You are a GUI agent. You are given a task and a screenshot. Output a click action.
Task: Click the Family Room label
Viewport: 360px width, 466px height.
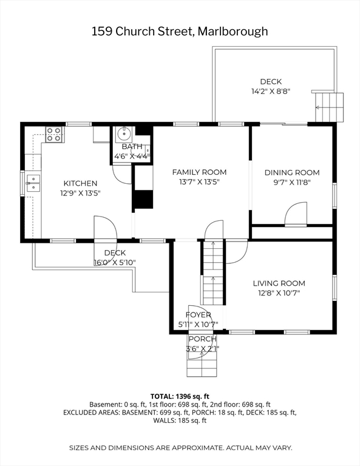199,172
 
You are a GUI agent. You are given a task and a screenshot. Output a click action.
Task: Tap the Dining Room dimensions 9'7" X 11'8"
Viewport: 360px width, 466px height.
292,182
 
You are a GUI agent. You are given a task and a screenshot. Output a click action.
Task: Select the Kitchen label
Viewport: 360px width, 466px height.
80,183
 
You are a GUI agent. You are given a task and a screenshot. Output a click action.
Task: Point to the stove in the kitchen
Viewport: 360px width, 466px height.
55,134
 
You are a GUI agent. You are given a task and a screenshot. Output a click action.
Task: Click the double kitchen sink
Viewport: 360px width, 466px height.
33,183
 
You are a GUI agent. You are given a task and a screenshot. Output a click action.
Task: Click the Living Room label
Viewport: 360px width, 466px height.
279,283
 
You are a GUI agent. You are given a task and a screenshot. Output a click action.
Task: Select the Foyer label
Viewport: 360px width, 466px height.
199,315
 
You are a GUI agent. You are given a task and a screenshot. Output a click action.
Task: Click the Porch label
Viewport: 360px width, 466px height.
202,339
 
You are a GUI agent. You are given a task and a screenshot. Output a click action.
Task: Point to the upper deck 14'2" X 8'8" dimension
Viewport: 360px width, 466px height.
271,91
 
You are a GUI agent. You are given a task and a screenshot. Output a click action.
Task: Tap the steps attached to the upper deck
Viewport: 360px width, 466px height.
329,107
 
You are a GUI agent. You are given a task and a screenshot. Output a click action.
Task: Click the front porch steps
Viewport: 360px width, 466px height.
202,367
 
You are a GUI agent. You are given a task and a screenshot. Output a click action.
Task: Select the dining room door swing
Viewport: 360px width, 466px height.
294,215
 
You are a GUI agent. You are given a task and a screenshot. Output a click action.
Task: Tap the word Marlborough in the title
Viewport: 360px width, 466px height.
233,32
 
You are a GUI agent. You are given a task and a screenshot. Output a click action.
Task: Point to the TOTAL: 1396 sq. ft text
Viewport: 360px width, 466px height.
180,396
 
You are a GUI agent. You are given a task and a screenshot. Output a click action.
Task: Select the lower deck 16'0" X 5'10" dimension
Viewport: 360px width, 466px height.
115,262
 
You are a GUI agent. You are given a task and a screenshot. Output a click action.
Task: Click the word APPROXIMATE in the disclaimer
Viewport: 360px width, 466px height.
196,448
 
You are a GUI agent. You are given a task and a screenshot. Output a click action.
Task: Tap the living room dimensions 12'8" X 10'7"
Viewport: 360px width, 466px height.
279,293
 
